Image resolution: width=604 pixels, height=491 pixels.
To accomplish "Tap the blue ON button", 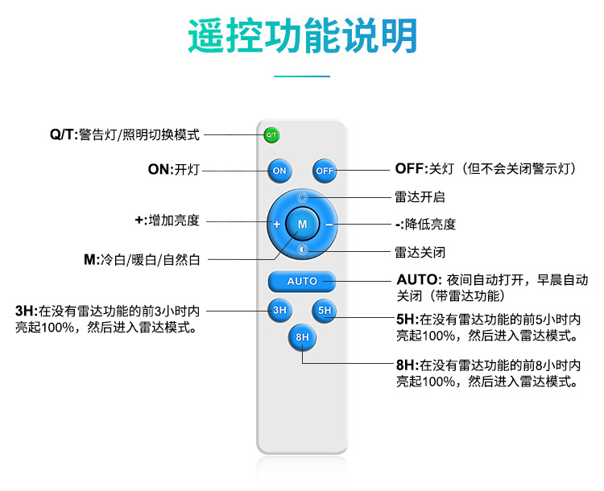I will coord(279,171).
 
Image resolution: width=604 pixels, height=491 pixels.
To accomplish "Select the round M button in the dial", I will coord(302,223).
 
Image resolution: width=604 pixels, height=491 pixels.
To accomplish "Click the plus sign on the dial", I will coord(276,224).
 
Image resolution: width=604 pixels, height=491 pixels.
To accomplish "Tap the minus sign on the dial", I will coord(329,223).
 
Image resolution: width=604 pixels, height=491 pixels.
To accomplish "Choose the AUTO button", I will coord(302,281).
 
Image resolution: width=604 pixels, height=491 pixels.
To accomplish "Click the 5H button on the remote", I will coord(325,310).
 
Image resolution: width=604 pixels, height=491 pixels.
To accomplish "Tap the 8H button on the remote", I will coord(302,337).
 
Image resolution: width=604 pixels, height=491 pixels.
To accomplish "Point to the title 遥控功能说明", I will coord(302,36).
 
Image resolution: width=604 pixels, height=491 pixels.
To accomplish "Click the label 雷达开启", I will coord(420,196).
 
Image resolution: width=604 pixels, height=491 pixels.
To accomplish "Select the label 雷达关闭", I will coord(420,251).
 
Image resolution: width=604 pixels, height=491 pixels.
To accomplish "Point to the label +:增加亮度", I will coord(167,220).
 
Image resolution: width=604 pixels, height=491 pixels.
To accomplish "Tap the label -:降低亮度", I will coord(425,224).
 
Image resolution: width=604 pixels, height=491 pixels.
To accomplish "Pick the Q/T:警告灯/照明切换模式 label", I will coord(124,134).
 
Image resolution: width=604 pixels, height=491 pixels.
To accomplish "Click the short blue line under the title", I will coord(302,76).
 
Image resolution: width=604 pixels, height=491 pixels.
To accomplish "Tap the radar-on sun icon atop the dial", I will coord(303,197).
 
